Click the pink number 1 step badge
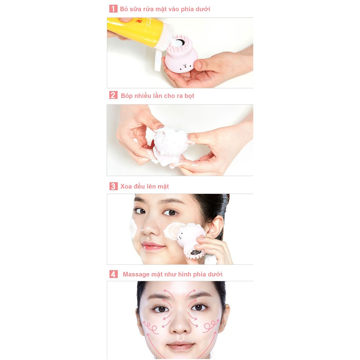click(113, 9)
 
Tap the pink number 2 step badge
click(113, 95)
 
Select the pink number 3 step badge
click(113, 186)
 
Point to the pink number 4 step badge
click(113, 274)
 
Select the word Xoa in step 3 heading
click(127, 186)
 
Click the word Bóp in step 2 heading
click(127, 96)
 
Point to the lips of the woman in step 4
click(180, 346)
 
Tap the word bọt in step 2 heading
click(189, 96)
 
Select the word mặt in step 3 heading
click(163, 187)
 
